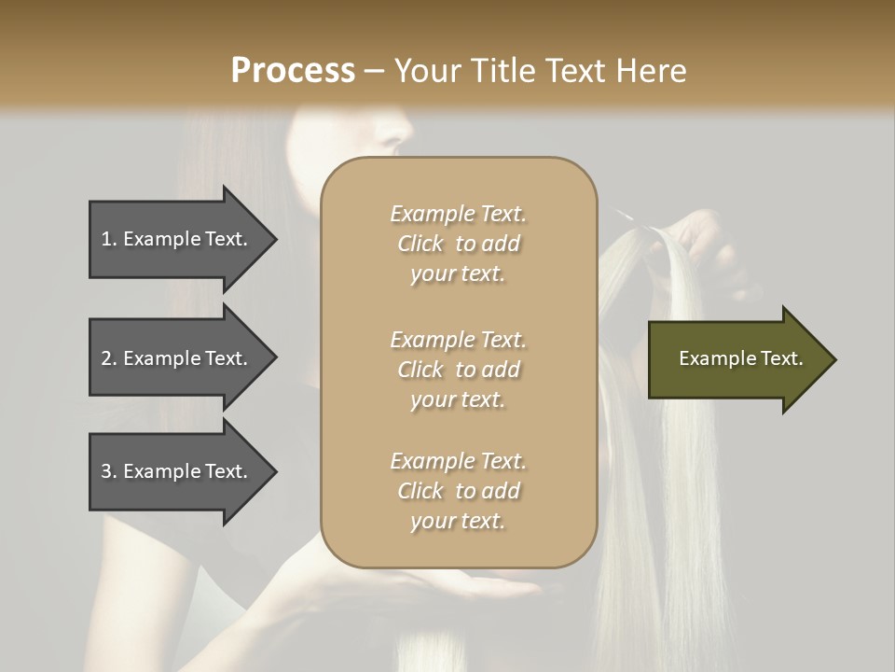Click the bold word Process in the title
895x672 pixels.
(293, 70)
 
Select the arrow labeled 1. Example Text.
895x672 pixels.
(177, 239)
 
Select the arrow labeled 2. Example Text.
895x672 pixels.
(177, 358)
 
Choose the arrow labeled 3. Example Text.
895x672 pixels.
(177, 471)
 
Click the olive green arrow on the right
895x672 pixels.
(737, 358)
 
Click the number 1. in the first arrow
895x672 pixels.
(109, 239)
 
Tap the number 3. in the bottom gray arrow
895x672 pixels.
(109, 471)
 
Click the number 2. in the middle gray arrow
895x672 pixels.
(109, 358)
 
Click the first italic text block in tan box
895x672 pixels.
(458, 244)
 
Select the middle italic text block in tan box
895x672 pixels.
(458, 370)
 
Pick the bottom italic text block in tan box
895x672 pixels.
(458, 491)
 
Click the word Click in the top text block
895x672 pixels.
(420, 244)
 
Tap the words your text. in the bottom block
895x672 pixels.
(458, 521)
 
